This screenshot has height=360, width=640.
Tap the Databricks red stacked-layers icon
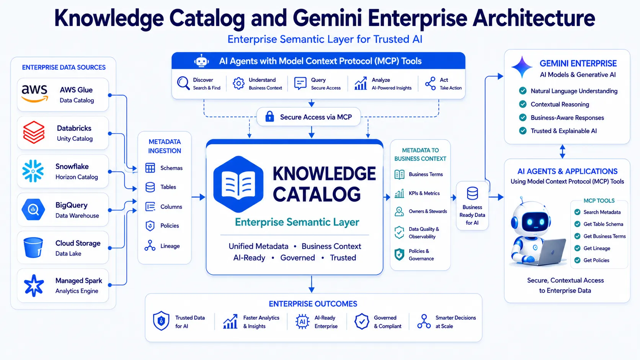[34, 132]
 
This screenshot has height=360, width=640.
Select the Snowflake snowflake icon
[33, 171]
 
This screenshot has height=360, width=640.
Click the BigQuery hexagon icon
[33, 210]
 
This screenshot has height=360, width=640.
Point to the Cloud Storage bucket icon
[33, 248]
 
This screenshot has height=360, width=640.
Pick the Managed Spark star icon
[34, 285]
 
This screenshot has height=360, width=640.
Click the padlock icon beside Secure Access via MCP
[269, 116]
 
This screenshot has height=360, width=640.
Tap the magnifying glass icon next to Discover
[183, 83]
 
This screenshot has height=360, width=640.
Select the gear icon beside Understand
[238, 83]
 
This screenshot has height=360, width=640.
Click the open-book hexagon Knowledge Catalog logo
[238, 184]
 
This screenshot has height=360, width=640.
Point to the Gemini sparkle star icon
[522, 67]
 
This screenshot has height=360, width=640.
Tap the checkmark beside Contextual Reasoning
[523, 104]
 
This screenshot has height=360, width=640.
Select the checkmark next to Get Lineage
[578, 248]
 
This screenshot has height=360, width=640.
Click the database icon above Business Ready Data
[472, 193]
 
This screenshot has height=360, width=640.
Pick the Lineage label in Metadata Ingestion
[170, 246]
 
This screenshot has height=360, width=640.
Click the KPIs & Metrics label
[424, 193]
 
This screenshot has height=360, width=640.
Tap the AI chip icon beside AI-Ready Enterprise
[302, 322]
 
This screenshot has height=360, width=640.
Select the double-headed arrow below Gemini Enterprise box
[562, 151]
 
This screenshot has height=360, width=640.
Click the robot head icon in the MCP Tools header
[201, 61]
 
